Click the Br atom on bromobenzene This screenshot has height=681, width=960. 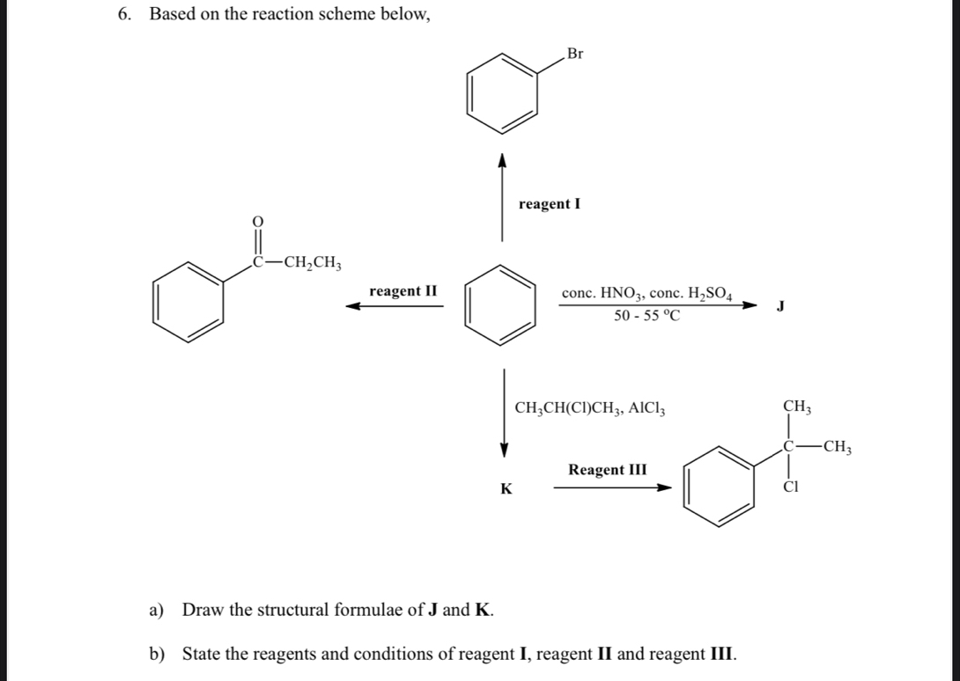point(574,54)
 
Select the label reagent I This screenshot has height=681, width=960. point(550,204)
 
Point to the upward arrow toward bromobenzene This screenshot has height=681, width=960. point(502,198)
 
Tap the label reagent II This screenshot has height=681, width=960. point(403,291)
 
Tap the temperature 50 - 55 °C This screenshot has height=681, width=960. point(647,317)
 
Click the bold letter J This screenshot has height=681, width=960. point(779,306)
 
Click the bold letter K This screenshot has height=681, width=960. point(506,488)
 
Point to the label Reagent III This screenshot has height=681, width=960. point(608,470)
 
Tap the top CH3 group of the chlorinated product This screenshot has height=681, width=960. point(796,406)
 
